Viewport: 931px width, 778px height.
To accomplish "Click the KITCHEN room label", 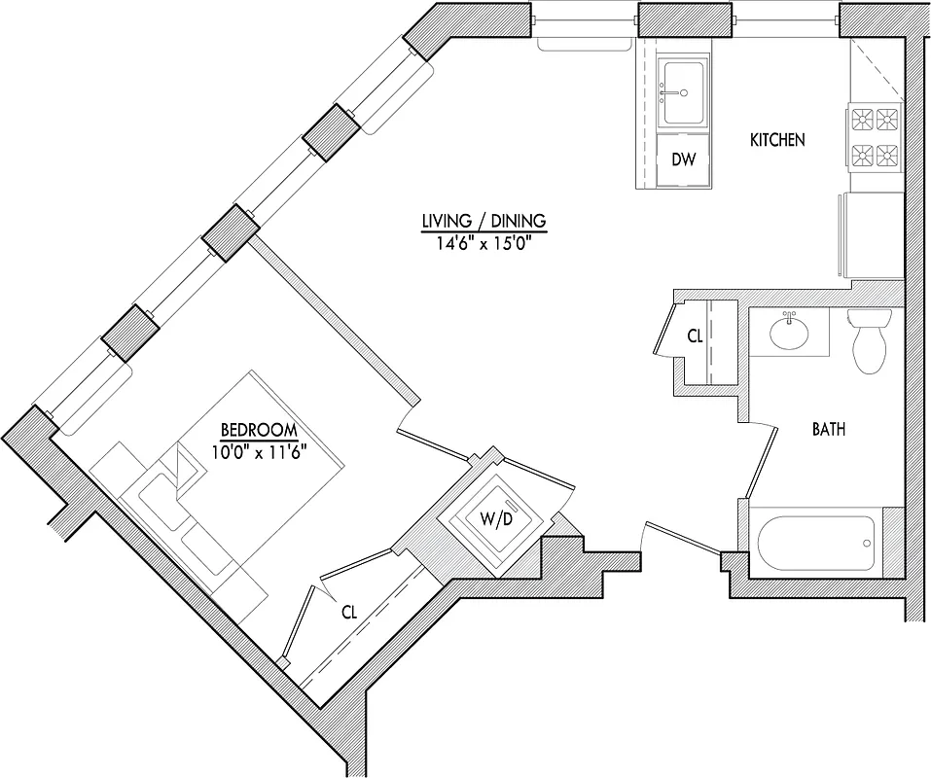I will click(x=776, y=140).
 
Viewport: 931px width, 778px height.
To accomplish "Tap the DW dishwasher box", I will click(x=685, y=159).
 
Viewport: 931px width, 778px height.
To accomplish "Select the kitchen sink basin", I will click(x=685, y=92).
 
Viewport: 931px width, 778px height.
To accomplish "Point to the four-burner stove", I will click(x=874, y=136).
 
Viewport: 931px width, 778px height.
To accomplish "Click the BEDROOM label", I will click(x=258, y=430).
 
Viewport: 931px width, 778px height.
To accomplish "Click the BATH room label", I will click(x=828, y=428).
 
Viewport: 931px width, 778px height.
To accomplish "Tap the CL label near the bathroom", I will click(x=695, y=337).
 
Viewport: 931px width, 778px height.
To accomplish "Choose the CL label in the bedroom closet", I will click(x=349, y=614).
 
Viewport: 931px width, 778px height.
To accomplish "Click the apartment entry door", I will click(x=681, y=538).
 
